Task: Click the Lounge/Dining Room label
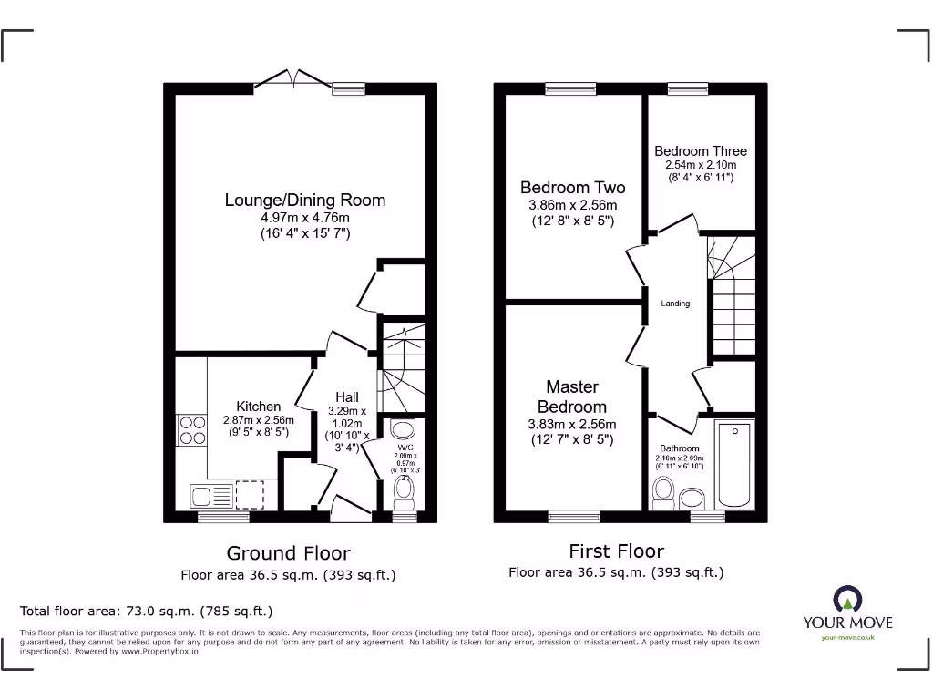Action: [305, 200]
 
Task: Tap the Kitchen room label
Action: [259, 406]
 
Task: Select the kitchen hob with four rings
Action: [192, 429]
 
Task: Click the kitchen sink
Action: [210, 495]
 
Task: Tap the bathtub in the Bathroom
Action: [734, 465]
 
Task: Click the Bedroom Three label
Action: [700, 151]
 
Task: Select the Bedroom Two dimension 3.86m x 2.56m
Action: [572, 205]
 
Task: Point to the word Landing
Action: [675, 304]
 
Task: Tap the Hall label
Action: [346, 396]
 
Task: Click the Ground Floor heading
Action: [288, 552]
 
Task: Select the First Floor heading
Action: [616, 551]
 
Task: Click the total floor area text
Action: [147, 611]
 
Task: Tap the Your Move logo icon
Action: [846, 599]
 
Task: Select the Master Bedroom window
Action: [573, 516]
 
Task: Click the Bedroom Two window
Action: [570, 88]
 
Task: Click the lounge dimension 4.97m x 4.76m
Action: [305, 218]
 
